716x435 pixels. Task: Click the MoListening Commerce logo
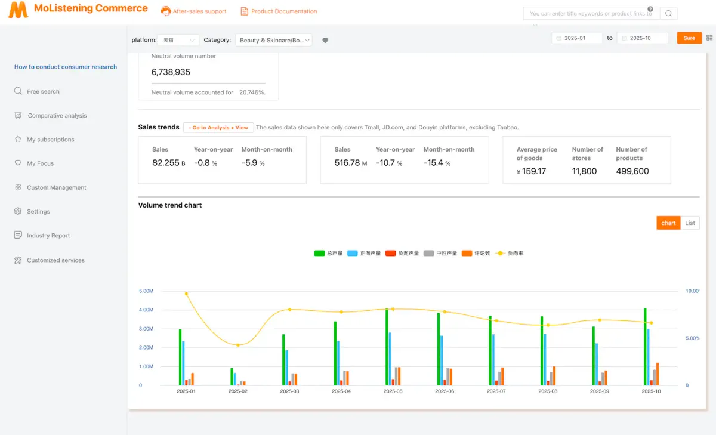coord(78,10)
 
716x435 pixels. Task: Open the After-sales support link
coord(194,11)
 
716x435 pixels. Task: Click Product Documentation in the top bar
coord(279,11)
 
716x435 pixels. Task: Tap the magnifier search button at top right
coord(668,13)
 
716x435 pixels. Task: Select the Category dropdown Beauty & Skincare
coord(274,40)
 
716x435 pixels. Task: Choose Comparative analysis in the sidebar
coord(57,116)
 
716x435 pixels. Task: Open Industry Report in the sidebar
coord(48,236)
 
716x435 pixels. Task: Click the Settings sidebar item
coord(38,212)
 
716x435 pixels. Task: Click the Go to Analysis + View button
coord(218,128)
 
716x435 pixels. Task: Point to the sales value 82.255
coord(166,163)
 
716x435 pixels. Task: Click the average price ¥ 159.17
coord(532,171)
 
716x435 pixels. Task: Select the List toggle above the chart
coord(690,223)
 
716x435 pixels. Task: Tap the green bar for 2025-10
coord(645,346)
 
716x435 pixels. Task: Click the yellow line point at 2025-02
coord(238,345)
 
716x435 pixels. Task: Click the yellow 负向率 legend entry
coord(510,254)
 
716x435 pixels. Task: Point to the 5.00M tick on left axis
coord(146,291)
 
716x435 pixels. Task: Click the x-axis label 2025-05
coord(393,391)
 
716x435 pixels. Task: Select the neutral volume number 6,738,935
coord(171,72)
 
